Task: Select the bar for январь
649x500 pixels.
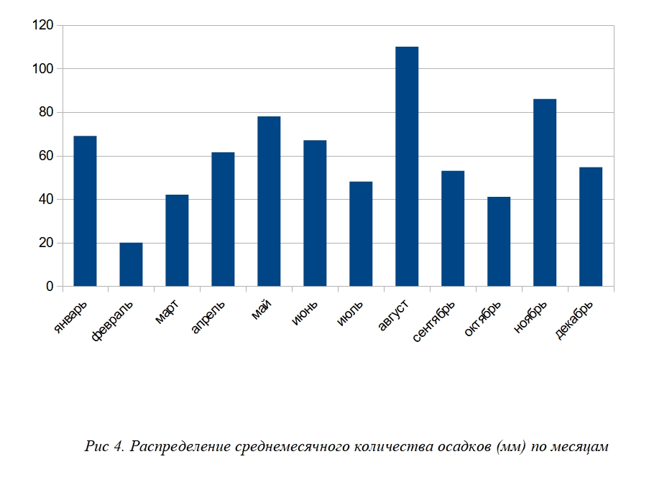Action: pos(85,211)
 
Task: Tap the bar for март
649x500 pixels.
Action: pos(177,241)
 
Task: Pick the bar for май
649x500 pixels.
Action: pos(269,201)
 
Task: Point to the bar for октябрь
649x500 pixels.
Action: pos(499,241)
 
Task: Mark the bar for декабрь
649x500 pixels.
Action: pos(591,227)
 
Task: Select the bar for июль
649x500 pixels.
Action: pos(361,234)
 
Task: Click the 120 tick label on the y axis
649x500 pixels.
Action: pos(43,26)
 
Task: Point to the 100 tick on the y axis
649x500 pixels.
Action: pos(43,69)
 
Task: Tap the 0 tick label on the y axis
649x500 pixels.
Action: pos(50,287)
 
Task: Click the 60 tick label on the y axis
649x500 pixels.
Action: pos(46,156)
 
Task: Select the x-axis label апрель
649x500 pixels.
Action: pos(208,317)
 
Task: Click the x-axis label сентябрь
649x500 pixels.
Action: pos(435,321)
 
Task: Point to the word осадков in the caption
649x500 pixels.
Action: pos(460,447)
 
